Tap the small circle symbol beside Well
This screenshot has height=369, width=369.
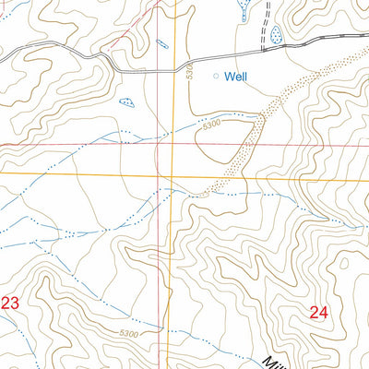tap(218, 77)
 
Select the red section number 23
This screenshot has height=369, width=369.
tap(10, 303)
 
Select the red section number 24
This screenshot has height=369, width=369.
tap(319, 313)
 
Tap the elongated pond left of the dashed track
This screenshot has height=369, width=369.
tap(244, 10)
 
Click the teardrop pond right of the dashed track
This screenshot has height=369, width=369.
tap(277, 36)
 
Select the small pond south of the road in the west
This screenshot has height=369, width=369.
tap(126, 102)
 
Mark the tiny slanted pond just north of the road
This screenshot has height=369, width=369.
tap(162, 43)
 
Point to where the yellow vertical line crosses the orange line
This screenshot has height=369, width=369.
tap(172, 173)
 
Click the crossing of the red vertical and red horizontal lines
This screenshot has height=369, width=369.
tap(159, 144)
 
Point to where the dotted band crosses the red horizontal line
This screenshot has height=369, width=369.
tap(255, 144)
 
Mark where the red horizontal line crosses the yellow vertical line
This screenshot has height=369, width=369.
tap(172, 144)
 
